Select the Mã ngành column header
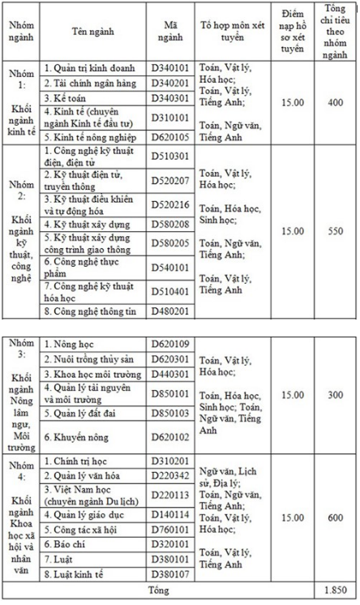170,32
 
